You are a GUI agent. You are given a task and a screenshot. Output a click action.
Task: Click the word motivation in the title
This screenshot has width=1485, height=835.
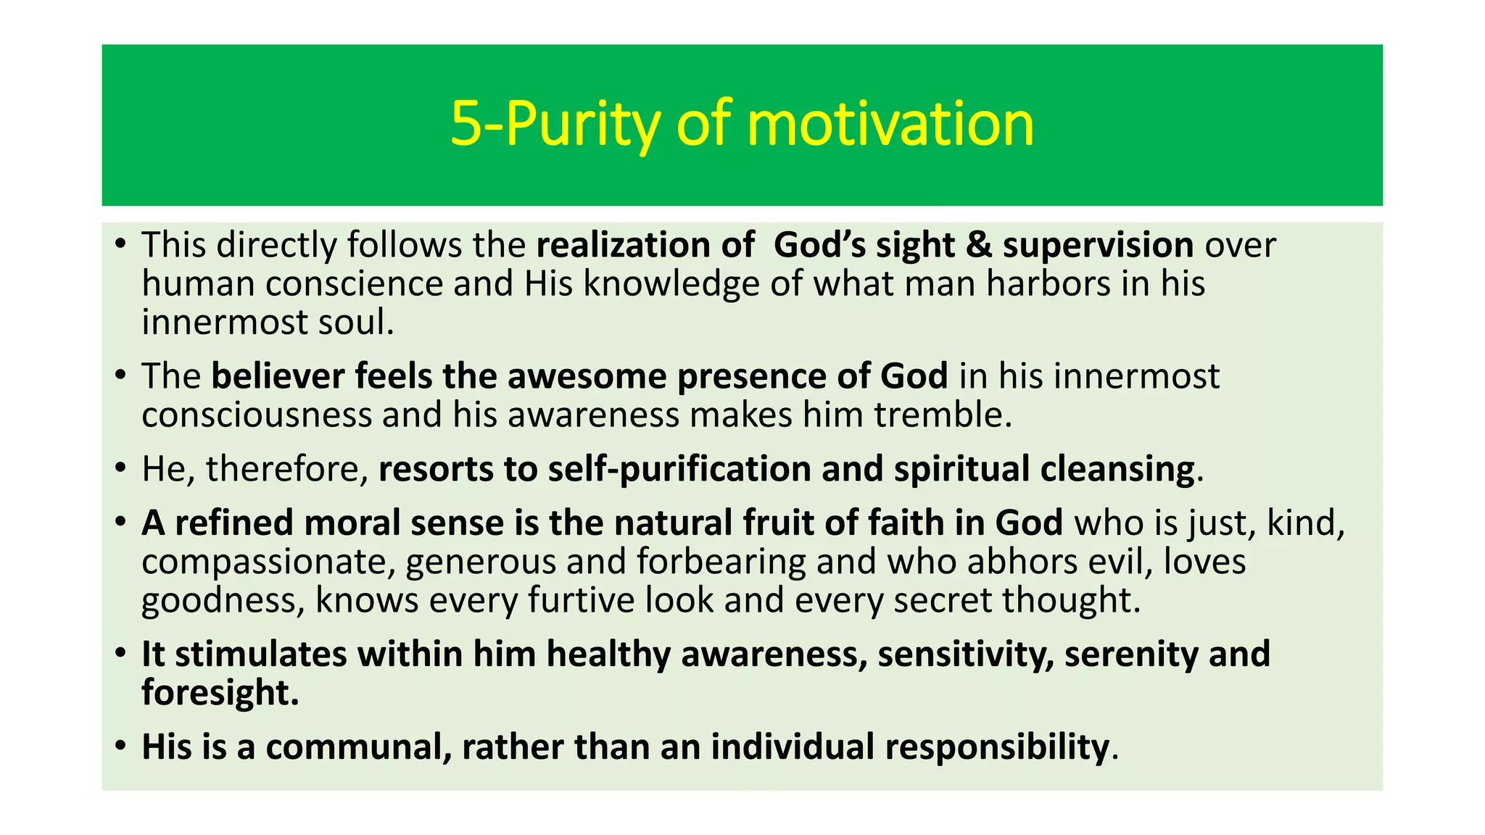(x=890, y=124)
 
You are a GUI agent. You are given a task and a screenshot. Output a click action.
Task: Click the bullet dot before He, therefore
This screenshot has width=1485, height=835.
(x=121, y=468)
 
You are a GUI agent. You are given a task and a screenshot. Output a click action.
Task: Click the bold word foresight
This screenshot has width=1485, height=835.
(x=220, y=692)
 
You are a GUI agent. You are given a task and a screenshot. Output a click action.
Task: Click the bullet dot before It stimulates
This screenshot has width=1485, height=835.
(x=121, y=654)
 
